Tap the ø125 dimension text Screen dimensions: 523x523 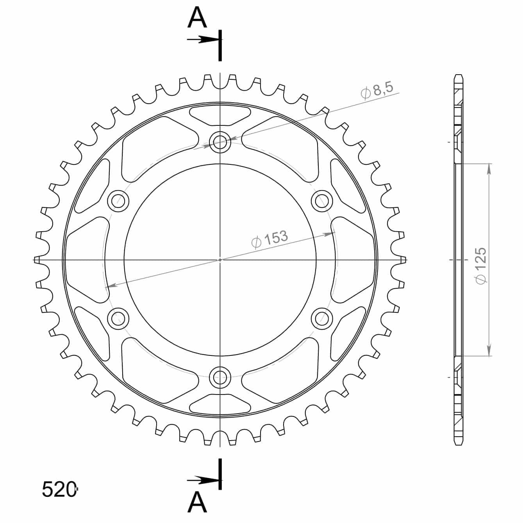pyautogui.click(x=481, y=266)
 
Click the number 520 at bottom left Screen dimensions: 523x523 pyautogui.click(x=59, y=489)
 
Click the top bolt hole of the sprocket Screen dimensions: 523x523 pyautogui.click(x=220, y=142)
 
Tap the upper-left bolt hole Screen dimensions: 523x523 pyautogui.click(x=118, y=201)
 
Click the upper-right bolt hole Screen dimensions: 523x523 pyautogui.click(x=322, y=201)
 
